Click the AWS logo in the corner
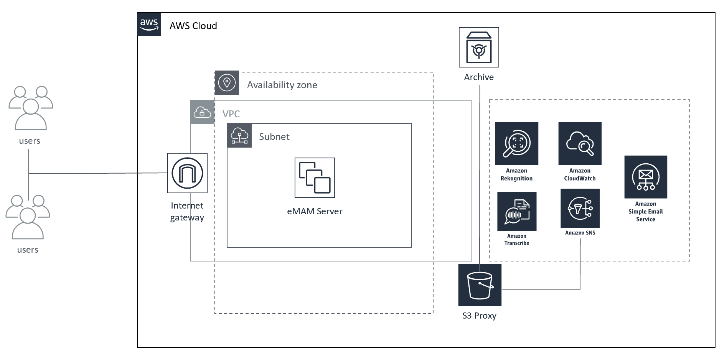click(149, 24)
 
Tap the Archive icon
click(479, 47)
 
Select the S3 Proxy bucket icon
click(480, 285)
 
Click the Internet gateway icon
click(187, 173)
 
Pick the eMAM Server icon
click(315, 178)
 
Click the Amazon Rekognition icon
click(516, 144)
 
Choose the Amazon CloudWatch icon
click(580, 144)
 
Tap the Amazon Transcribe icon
click(516, 211)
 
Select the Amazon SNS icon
click(580, 208)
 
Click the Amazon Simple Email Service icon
click(645, 177)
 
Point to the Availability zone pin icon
click(227, 83)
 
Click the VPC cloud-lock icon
click(202, 112)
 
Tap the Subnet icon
click(239, 135)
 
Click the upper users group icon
click(31, 108)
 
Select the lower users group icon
click(28, 217)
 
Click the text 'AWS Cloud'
click(193, 26)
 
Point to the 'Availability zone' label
click(282, 85)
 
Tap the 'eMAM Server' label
click(315, 211)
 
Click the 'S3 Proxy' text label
click(479, 316)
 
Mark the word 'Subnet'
click(274, 136)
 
